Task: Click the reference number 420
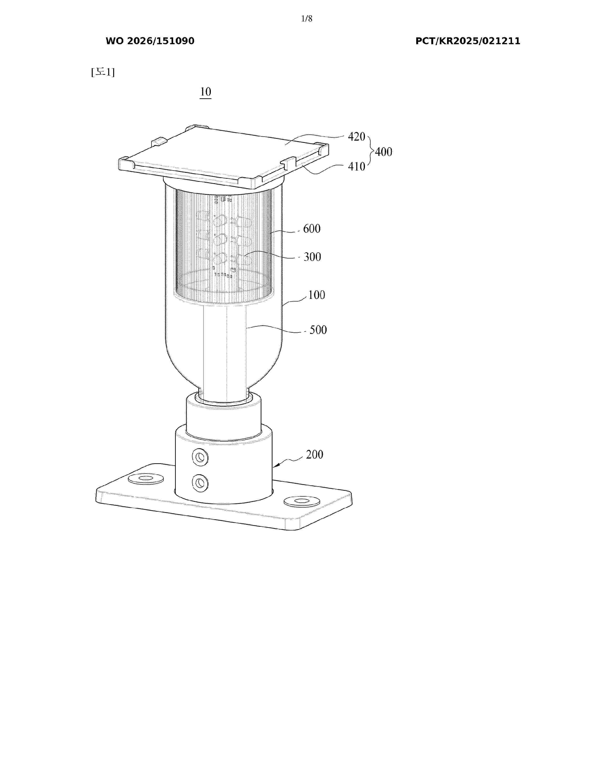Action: (x=356, y=136)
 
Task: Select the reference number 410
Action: (x=356, y=166)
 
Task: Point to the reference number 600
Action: (x=312, y=229)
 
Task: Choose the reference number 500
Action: (x=318, y=330)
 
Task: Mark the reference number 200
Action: (x=315, y=455)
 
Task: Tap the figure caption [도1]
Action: (x=103, y=72)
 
